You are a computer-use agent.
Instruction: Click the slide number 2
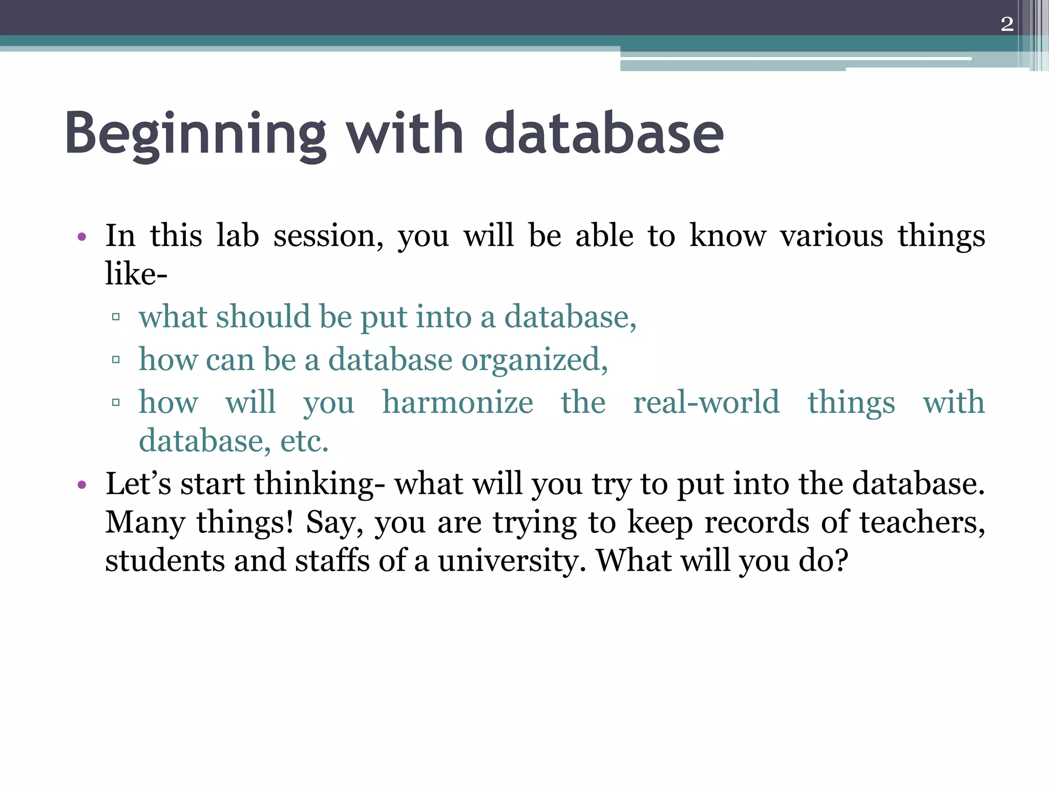[x=1006, y=24]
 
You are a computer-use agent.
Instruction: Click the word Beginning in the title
[x=195, y=134]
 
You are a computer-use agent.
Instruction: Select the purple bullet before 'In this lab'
[x=81, y=237]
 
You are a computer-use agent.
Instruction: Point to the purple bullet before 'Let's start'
[x=81, y=485]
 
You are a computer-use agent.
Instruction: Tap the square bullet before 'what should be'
[x=116, y=317]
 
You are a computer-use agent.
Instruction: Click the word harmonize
[x=457, y=402]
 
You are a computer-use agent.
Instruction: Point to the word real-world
[x=706, y=402]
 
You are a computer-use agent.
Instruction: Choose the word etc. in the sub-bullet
[x=304, y=441]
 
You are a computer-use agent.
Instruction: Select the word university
[x=512, y=561]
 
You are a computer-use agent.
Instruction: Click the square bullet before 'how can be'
[x=116, y=360]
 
